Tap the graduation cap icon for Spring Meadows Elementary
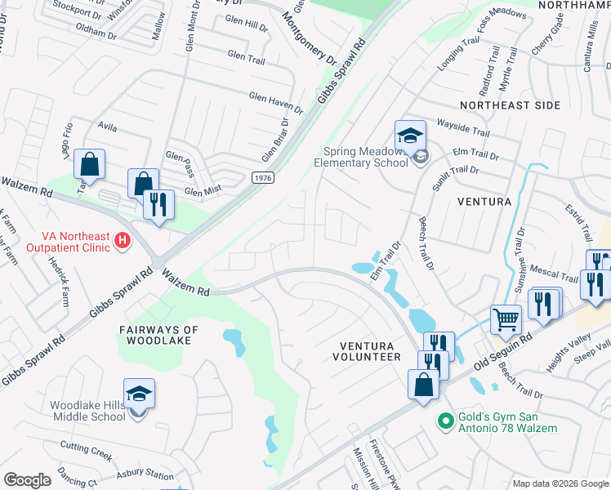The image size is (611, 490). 411,134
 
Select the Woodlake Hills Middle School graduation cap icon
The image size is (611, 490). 140,394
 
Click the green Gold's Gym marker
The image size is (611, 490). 445,421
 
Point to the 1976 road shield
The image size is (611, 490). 262,177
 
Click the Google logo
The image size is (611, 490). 27,480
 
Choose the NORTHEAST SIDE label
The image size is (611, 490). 510,105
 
